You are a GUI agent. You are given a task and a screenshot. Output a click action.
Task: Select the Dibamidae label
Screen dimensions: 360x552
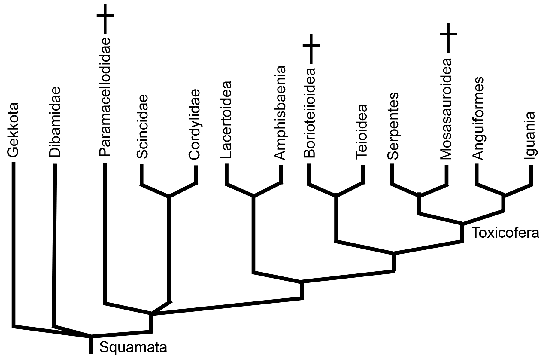[x=55, y=123]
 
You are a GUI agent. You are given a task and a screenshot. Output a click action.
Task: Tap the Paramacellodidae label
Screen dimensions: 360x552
[x=105, y=97]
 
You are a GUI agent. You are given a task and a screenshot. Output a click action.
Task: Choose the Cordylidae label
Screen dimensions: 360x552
[x=194, y=124]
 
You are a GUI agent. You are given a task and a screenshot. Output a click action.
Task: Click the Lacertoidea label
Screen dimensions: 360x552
[x=226, y=120]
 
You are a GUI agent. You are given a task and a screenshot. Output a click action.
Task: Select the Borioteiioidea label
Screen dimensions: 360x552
[x=309, y=113]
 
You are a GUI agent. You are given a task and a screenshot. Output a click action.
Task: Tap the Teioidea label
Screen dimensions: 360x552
[x=362, y=132]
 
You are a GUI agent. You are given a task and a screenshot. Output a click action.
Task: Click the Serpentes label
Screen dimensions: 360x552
[x=393, y=126]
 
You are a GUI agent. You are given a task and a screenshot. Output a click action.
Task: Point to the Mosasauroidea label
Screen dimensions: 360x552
[x=446, y=109]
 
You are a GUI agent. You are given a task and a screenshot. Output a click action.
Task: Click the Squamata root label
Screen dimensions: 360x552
[x=133, y=348]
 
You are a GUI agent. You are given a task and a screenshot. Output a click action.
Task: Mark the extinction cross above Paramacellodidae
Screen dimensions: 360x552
[x=105, y=16]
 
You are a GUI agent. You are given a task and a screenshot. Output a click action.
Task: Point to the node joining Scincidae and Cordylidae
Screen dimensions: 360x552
[x=169, y=197]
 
